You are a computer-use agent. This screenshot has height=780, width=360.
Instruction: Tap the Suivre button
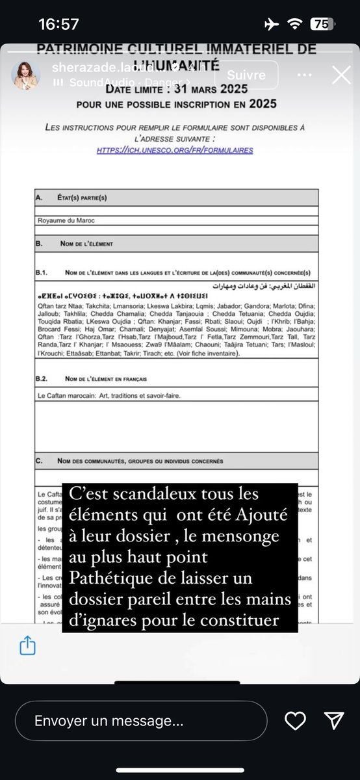(x=246, y=75)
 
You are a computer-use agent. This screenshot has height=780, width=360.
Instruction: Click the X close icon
(x=341, y=75)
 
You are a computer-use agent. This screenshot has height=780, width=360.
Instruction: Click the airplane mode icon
(x=272, y=23)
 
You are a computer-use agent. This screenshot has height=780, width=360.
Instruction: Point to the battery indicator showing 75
(x=319, y=24)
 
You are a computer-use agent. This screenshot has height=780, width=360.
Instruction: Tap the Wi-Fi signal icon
(x=295, y=23)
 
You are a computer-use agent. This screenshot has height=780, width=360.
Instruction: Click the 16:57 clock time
(x=58, y=24)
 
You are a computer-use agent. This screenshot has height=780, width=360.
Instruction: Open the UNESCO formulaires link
(x=175, y=150)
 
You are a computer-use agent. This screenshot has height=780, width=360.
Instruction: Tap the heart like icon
(x=296, y=720)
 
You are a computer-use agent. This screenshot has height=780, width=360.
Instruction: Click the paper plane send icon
(x=333, y=720)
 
